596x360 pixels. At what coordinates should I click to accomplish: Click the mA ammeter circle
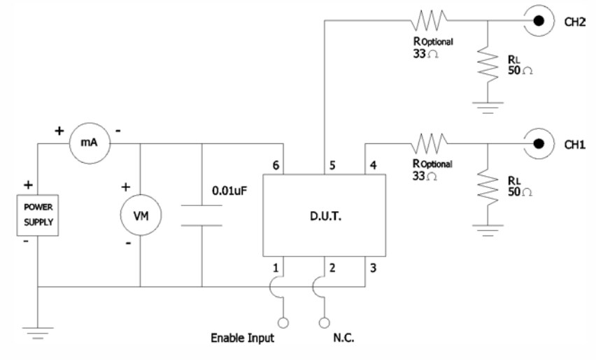(89, 145)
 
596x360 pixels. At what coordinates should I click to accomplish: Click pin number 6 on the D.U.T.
(277, 166)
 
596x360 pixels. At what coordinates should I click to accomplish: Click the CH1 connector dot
(538, 145)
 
